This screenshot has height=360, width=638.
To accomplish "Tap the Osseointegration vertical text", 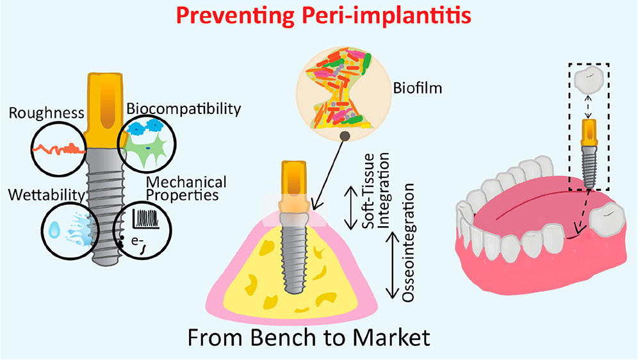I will pyautogui.click(x=411, y=241).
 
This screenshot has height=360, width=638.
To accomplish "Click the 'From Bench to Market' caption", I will pyautogui.click(x=318, y=338).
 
